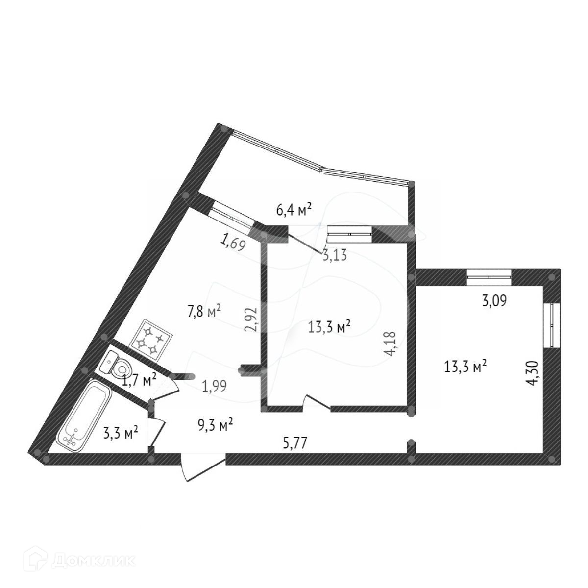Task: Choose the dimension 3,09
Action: pos(494,300)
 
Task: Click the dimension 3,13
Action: pos(335,255)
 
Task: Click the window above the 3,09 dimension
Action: pos(489,277)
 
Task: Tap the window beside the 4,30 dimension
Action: pos(554,325)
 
